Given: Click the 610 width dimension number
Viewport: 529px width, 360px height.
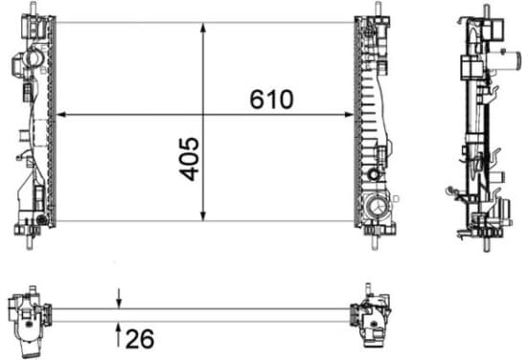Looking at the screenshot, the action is point(271,100).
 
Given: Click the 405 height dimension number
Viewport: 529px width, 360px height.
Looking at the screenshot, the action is point(189,159).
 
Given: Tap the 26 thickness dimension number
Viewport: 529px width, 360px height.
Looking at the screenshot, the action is point(140,338).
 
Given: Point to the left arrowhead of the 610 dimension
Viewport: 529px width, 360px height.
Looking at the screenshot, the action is point(60,115).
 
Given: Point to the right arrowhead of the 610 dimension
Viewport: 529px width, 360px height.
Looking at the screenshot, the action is point(349,115).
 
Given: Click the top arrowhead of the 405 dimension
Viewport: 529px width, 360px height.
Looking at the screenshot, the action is point(203,28).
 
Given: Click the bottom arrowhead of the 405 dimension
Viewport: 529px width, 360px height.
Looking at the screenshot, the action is point(203,216).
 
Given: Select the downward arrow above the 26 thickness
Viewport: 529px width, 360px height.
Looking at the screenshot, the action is point(119,298).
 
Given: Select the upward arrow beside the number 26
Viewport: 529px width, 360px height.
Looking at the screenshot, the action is point(119,335).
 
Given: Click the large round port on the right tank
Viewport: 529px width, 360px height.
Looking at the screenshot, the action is point(378,208).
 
